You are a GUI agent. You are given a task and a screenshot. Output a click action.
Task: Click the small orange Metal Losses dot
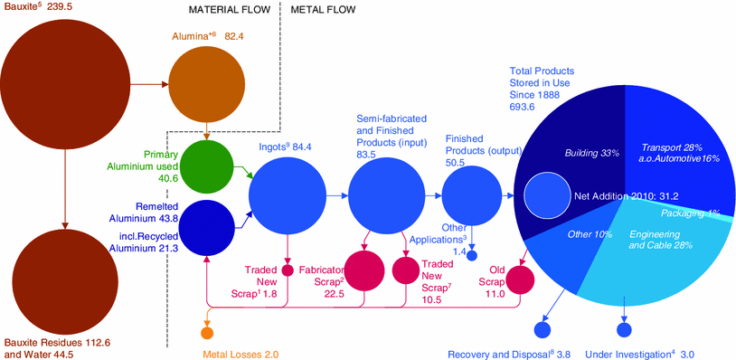(x=208, y=332)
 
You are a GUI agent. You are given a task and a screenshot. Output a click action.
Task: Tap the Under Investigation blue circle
(x=624, y=330)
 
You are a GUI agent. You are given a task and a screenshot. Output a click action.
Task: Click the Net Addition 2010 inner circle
(x=546, y=195)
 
